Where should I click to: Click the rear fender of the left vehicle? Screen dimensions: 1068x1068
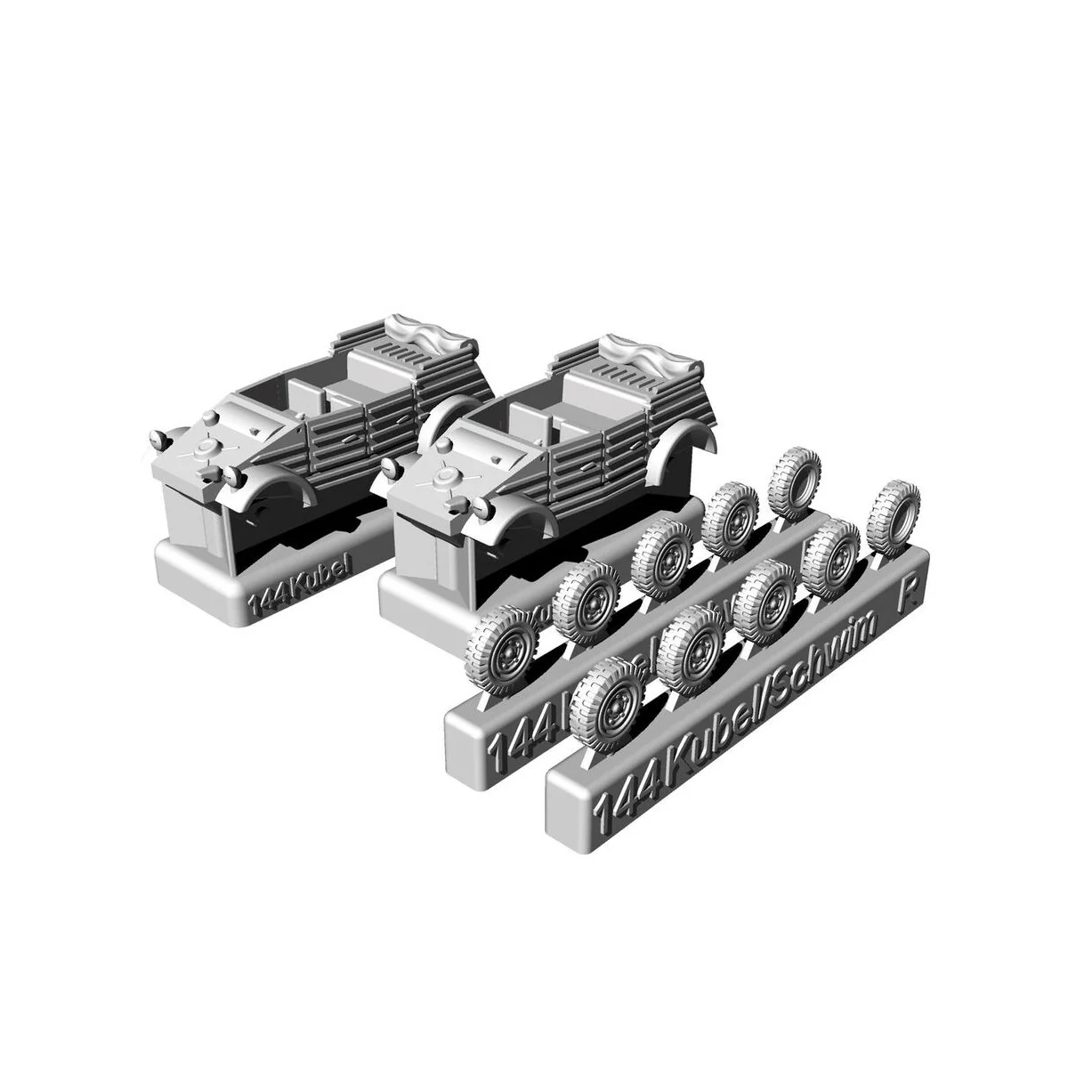(451, 418)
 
